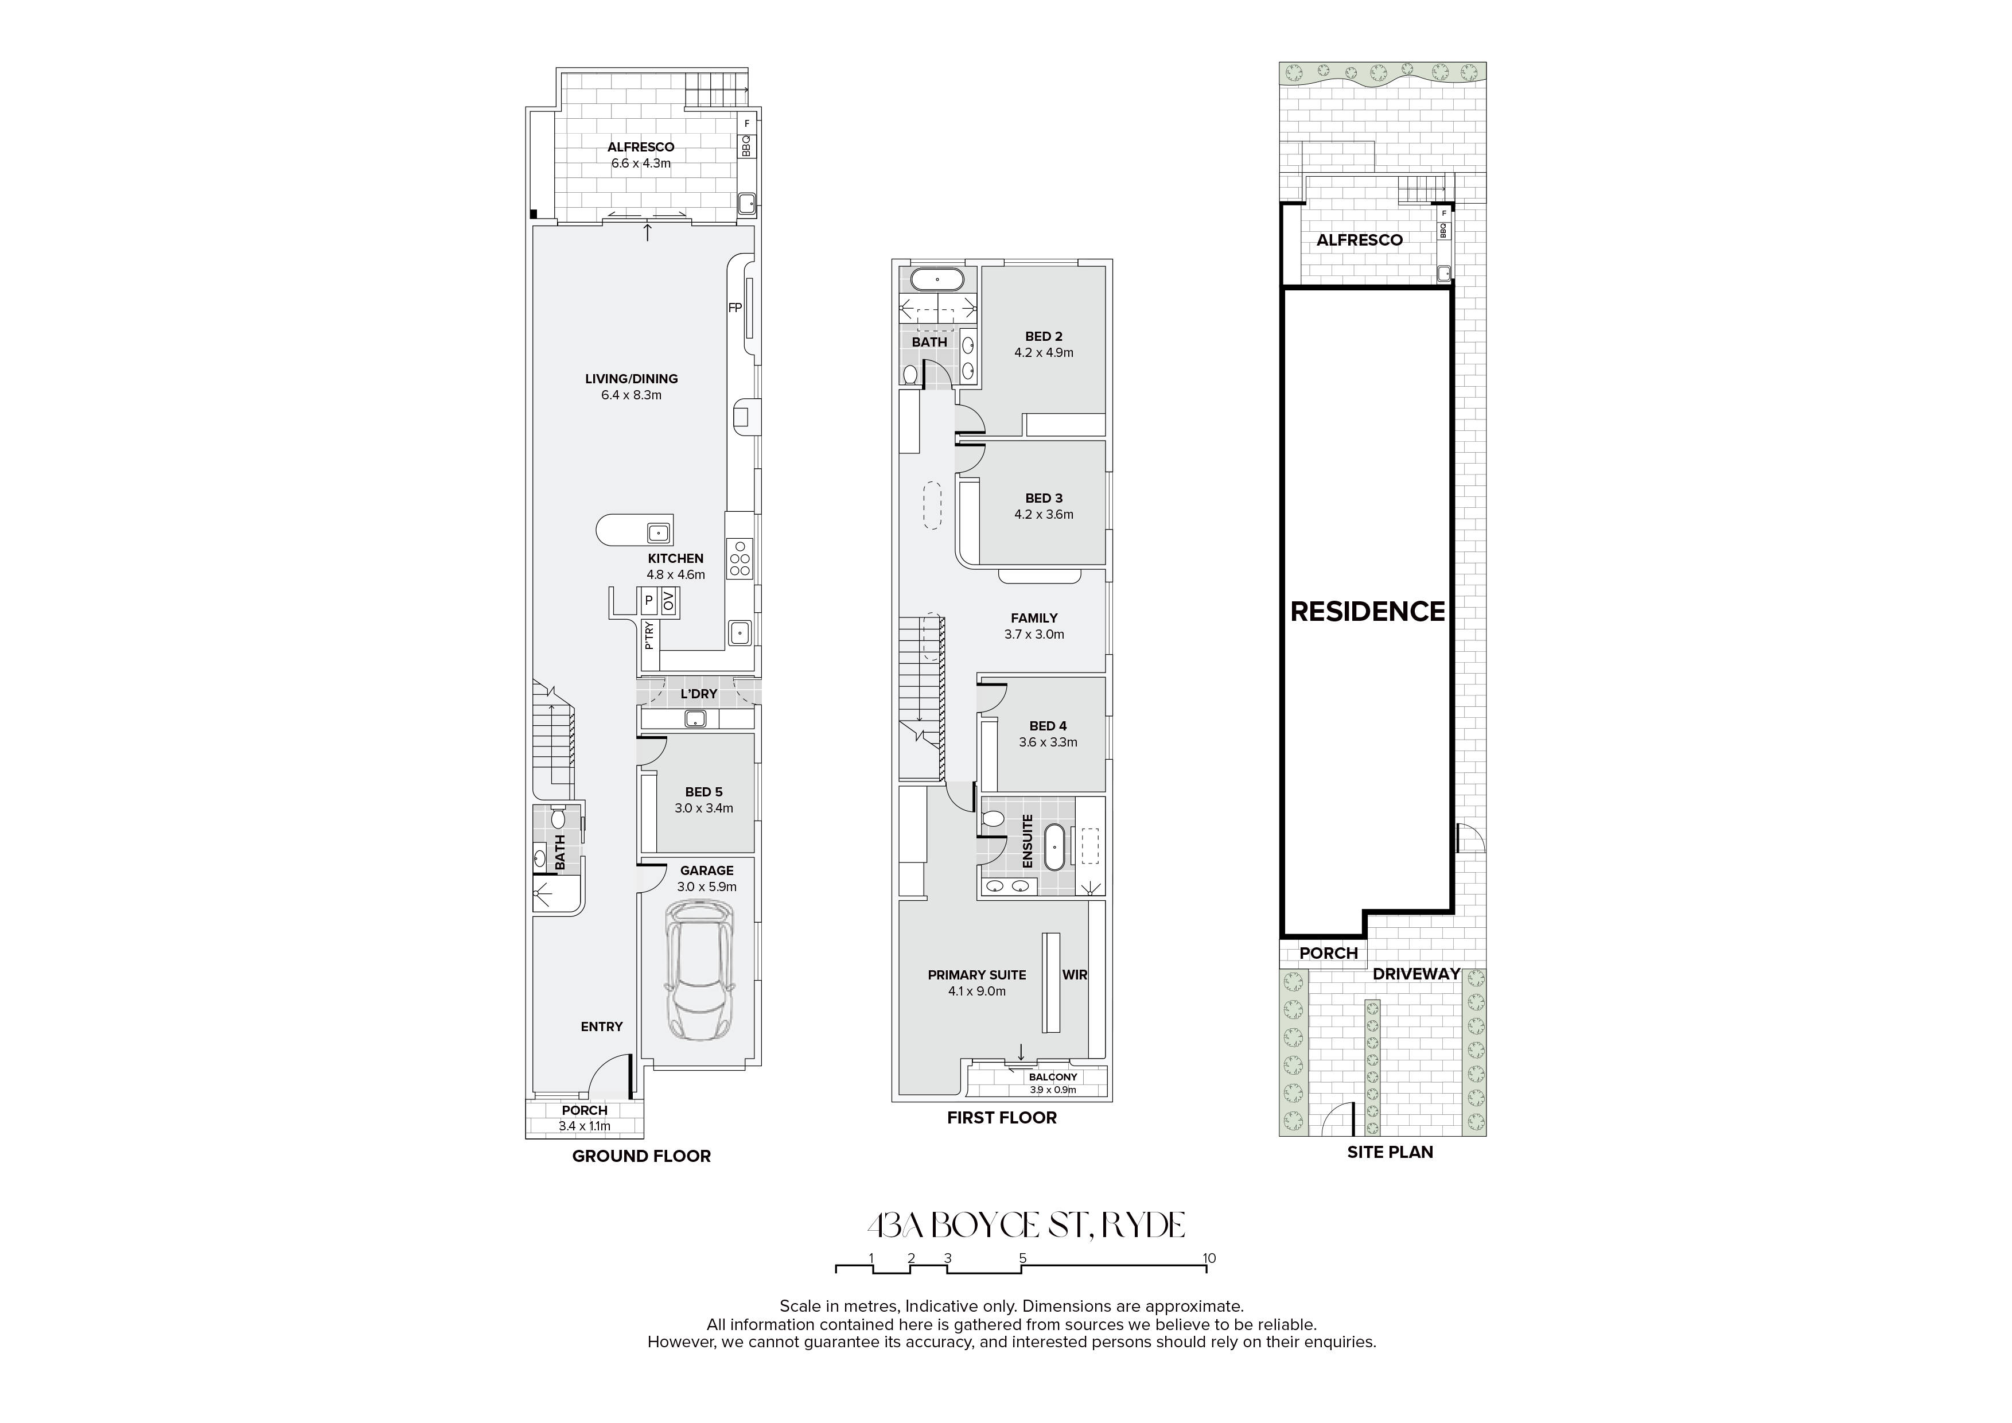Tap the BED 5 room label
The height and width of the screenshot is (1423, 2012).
[704, 792]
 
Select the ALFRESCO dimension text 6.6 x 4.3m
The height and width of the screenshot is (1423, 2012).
[641, 163]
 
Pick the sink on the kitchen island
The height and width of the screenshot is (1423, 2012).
[659, 532]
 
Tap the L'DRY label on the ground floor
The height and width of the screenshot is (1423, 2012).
[698, 694]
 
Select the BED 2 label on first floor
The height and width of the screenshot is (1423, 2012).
[1044, 336]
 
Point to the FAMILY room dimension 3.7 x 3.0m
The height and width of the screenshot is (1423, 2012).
[1034, 635]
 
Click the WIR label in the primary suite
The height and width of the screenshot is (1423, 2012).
[1075, 974]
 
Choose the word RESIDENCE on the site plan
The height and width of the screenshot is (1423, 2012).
[1367, 612]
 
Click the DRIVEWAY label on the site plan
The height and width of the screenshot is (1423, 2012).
[1416, 974]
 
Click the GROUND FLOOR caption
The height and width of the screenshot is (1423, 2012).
[641, 1156]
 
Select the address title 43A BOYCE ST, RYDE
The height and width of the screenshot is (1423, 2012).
[1025, 1225]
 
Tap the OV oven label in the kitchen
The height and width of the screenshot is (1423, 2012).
[668, 601]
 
